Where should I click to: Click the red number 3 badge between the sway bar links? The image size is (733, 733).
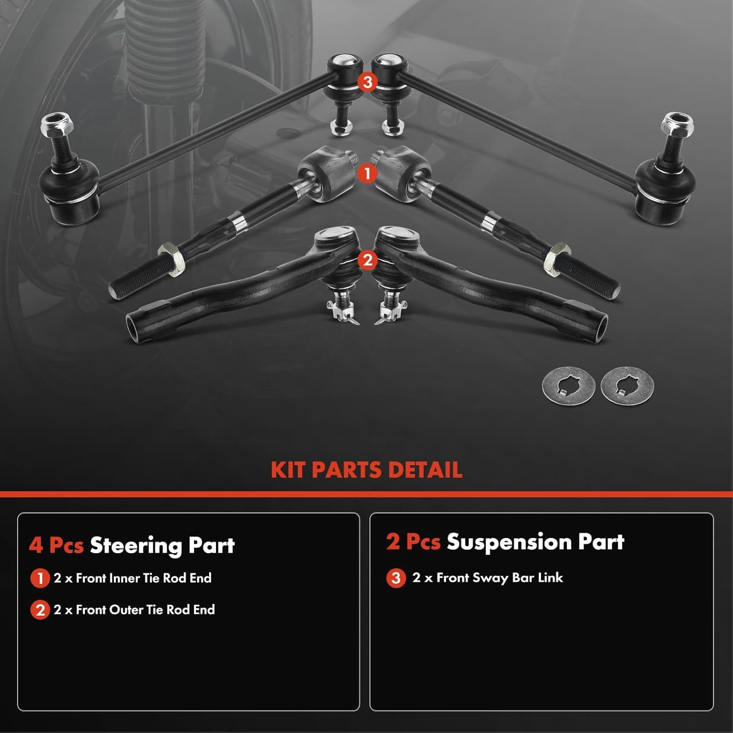tap(367, 82)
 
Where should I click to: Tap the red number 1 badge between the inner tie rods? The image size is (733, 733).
tap(367, 173)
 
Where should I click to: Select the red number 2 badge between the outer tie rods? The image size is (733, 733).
tap(367, 259)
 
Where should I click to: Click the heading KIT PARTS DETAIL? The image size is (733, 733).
tap(366, 470)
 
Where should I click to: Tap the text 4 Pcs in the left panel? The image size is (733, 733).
tap(56, 545)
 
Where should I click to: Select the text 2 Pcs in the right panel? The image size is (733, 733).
tap(413, 542)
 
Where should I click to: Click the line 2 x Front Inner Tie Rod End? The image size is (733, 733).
tap(132, 578)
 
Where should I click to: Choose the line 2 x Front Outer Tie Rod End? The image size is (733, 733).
tap(134, 610)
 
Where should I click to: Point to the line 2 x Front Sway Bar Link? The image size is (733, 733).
tap(487, 578)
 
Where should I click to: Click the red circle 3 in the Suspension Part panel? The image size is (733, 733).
tap(396, 578)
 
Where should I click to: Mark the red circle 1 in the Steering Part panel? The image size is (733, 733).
tap(40, 579)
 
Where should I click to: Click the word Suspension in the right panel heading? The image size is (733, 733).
tap(509, 542)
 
